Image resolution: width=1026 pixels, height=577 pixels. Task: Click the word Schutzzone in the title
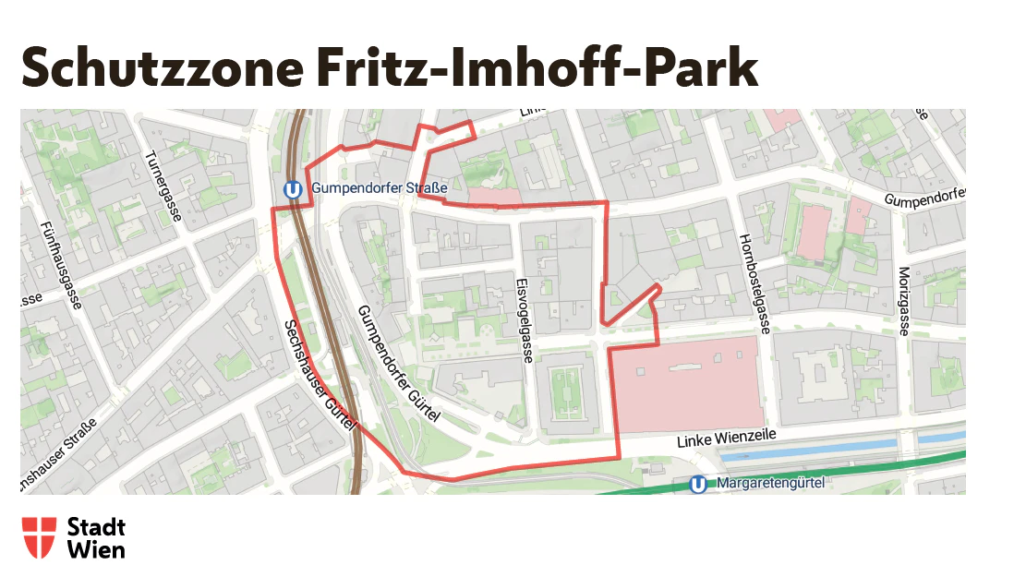point(163,68)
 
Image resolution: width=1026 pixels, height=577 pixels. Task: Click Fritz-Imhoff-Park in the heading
point(537,68)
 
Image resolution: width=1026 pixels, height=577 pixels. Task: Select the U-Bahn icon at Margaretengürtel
point(699,484)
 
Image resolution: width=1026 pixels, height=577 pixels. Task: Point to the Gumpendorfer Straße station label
point(379,188)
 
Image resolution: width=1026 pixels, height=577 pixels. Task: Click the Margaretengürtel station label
point(769,482)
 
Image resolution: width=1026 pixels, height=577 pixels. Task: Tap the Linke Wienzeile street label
point(725,439)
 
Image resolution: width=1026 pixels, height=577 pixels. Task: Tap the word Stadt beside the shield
point(96,527)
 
